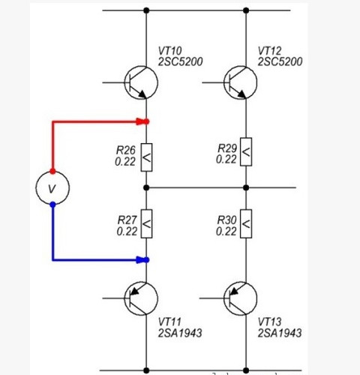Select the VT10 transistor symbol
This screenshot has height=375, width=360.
click(x=141, y=82)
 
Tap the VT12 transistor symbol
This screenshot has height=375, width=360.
click(x=241, y=82)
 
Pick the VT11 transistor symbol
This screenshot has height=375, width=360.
click(x=141, y=298)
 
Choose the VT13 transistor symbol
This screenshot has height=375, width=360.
click(x=241, y=298)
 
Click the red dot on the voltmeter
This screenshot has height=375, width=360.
click(x=52, y=171)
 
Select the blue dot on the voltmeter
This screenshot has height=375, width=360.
click(x=52, y=205)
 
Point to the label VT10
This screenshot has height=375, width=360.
click(x=170, y=51)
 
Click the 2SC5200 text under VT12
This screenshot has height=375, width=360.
click(x=280, y=61)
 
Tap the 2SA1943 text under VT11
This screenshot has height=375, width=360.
click(x=180, y=333)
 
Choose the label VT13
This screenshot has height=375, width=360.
click(x=269, y=322)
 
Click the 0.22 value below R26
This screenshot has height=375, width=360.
click(x=125, y=161)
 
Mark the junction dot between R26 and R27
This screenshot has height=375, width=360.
click(x=146, y=187)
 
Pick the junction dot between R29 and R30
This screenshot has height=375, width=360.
click(x=246, y=187)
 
